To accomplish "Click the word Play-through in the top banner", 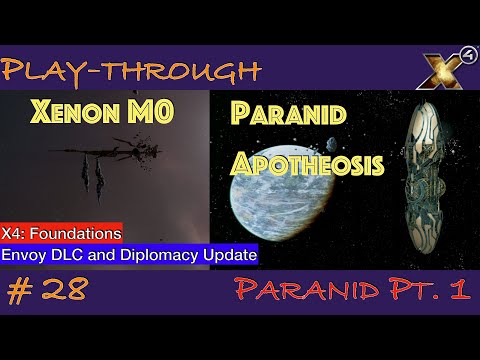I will pos(131,71).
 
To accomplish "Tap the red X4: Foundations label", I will pos(61,233).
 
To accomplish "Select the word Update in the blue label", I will pos(230,255).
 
